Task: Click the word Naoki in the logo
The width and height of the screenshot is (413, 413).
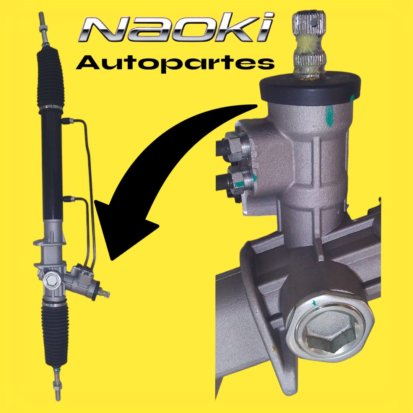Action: [176, 27]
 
